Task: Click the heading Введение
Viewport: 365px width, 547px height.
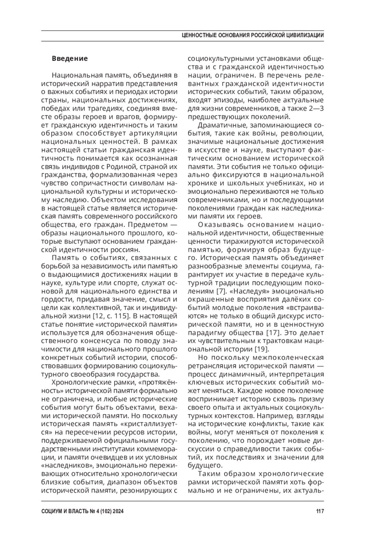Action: tap(70, 58)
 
